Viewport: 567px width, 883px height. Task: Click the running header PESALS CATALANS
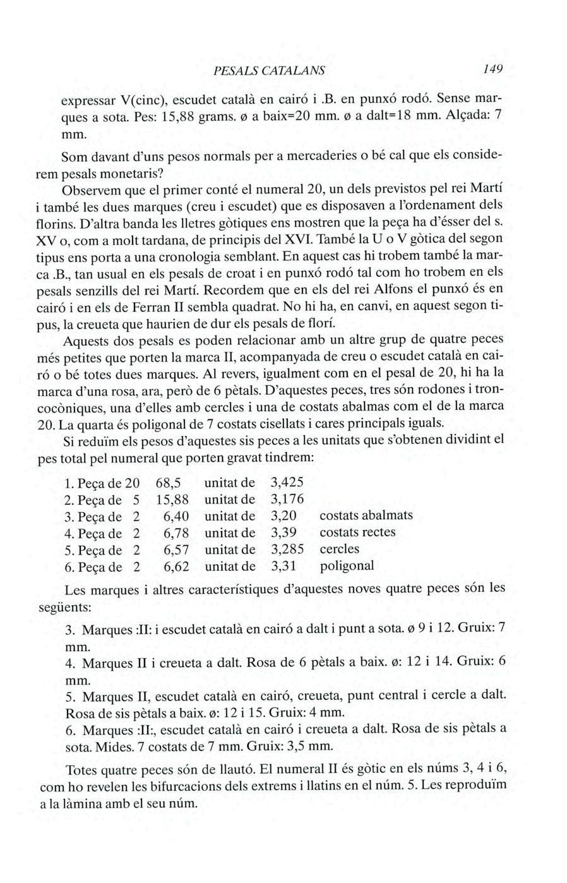pos(269,70)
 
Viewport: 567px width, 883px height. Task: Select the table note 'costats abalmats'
pos(366,515)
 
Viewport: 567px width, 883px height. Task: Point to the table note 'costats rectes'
pos(357,532)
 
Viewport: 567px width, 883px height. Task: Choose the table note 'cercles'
pos(339,549)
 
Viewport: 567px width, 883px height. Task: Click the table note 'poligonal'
pos(347,565)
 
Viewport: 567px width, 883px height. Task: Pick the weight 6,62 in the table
pos(176,566)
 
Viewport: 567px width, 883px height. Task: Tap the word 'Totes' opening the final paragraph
pos(82,771)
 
